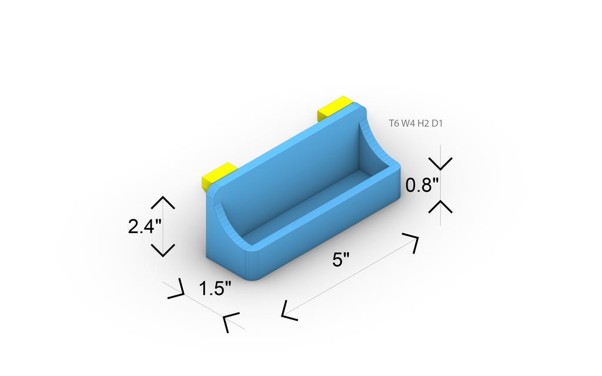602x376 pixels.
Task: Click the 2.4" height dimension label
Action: pos(145,226)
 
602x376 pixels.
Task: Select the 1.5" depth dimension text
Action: pos(215,288)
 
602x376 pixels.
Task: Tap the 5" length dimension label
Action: pos(341,260)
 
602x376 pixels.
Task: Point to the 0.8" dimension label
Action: pos(422,185)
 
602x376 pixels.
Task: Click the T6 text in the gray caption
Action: pos(394,123)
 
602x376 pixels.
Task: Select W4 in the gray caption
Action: pos(409,123)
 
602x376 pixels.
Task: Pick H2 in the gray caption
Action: pos(423,123)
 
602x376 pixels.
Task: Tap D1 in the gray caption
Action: pos(437,123)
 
